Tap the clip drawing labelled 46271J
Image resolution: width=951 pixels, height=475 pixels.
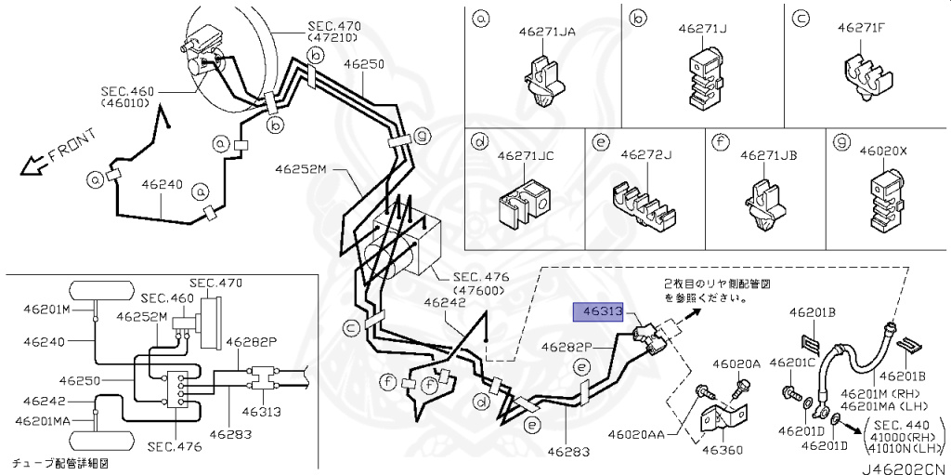pos(705,76)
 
